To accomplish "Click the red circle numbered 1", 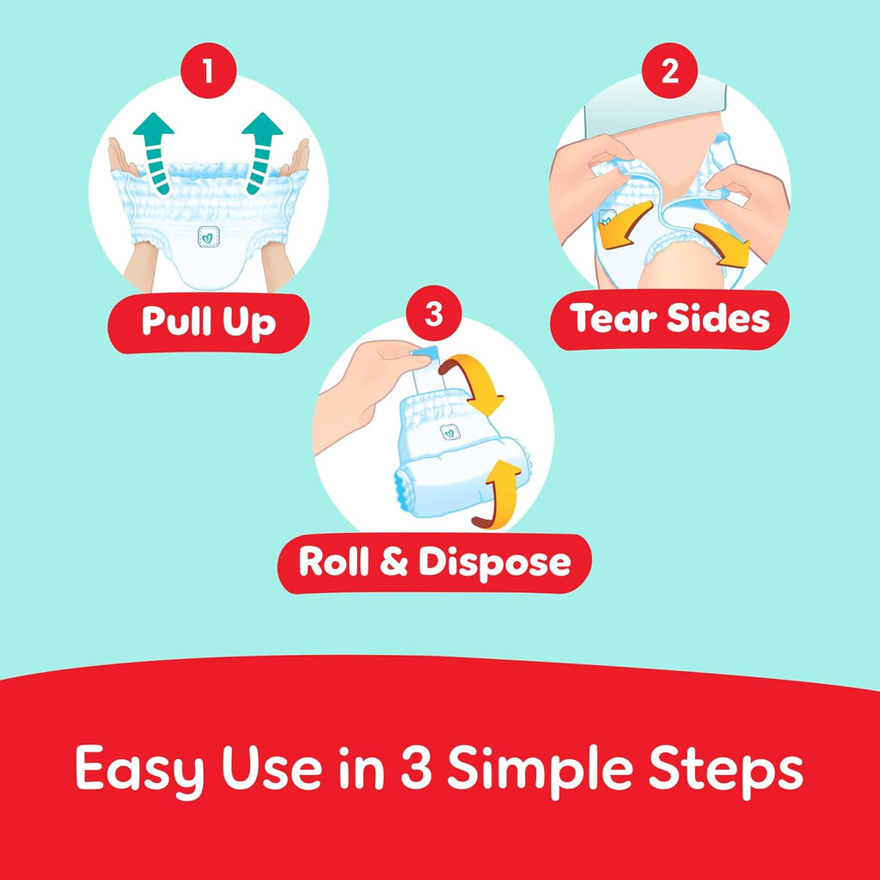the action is [x=208, y=70].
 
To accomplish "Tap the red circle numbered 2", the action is [x=669, y=70].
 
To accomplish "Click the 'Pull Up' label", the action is [x=208, y=323].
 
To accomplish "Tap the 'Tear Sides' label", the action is [x=669, y=320].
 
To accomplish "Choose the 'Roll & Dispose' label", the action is [x=434, y=563].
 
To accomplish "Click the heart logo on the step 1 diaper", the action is [x=208, y=236].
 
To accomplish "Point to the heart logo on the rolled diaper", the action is [x=449, y=431].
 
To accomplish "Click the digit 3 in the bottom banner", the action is [x=416, y=767].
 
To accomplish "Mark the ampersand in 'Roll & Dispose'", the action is [x=394, y=562].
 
